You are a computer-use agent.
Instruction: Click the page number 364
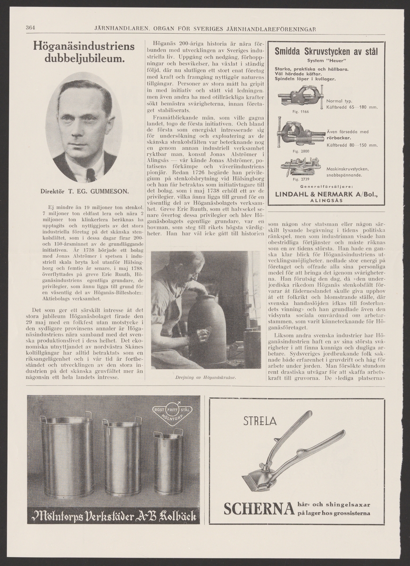tap(32, 27)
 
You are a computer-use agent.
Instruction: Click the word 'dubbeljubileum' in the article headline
tap(84, 59)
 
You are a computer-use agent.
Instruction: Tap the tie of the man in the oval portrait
tap(90, 175)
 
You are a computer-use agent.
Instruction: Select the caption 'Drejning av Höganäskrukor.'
tap(205, 378)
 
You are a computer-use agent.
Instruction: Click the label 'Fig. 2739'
tap(286, 180)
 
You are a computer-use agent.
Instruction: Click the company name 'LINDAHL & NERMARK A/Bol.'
tap(325, 194)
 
